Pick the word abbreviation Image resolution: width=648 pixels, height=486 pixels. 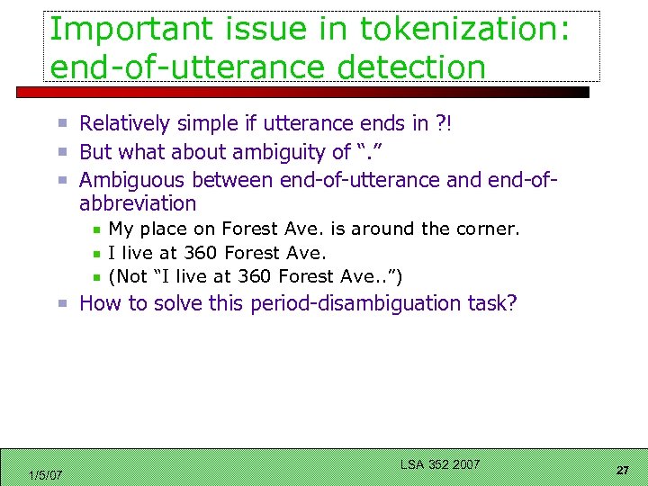(138, 203)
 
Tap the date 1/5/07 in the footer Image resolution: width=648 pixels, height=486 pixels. (45, 474)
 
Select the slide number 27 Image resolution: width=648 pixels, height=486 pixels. (622, 470)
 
